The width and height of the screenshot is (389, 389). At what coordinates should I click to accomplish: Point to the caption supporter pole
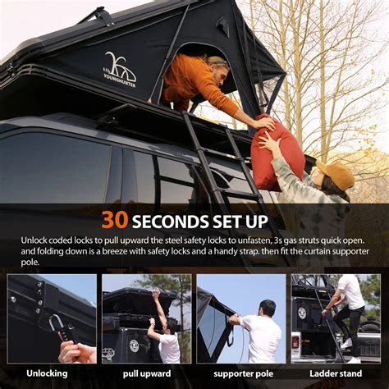pos(241,374)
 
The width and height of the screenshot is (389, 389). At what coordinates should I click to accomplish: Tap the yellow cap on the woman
pos(336,174)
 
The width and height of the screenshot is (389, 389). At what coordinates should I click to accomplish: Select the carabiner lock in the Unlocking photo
pos(57,327)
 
